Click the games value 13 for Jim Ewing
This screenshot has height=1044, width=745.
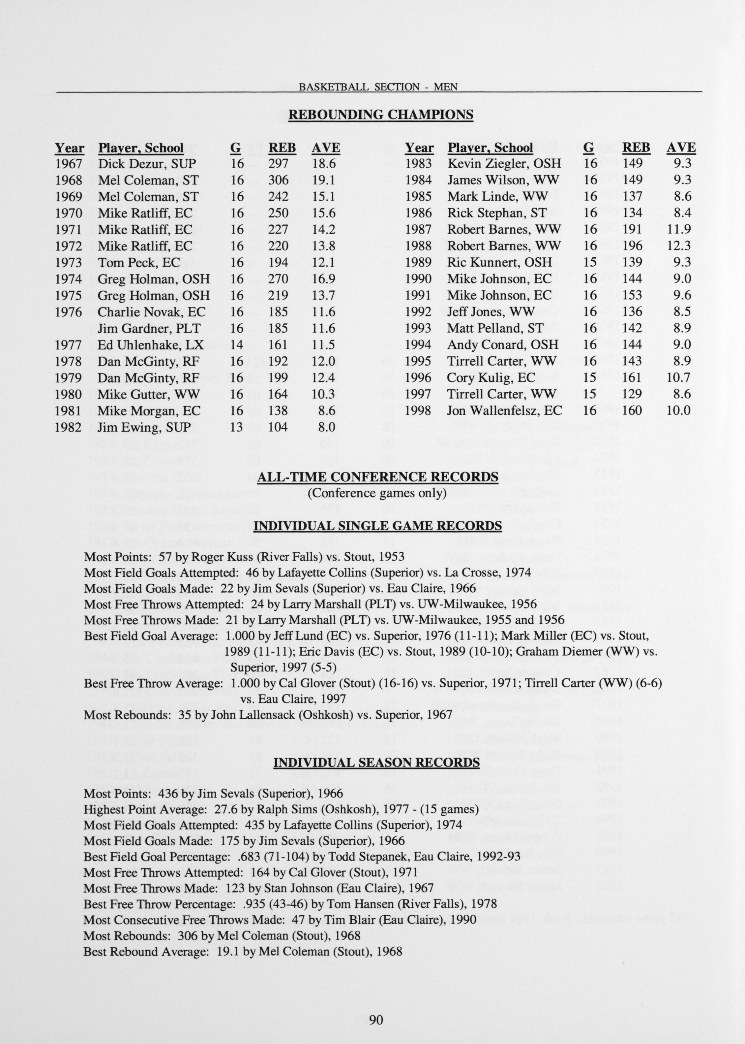click(x=236, y=427)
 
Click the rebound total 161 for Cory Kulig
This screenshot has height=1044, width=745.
click(x=632, y=377)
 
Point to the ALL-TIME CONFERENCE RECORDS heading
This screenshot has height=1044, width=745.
click(x=377, y=477)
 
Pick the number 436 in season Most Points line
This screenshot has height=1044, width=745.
click(x=167, y=793)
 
